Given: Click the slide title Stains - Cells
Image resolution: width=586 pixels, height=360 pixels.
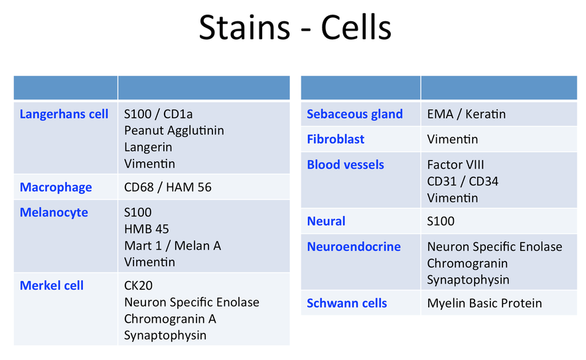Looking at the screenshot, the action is pos(295,27).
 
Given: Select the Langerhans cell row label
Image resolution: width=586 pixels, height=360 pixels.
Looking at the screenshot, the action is pos(64,114).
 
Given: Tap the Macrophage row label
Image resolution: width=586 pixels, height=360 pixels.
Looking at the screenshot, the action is pos(56,187).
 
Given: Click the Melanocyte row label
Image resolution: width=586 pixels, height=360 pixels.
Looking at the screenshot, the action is pos(54,212).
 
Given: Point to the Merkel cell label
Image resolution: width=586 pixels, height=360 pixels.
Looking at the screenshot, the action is pos(52,285).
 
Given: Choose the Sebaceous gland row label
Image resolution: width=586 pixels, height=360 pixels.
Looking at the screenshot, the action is pos(354,114).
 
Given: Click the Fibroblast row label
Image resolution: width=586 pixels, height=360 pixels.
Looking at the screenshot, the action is pos(336,139).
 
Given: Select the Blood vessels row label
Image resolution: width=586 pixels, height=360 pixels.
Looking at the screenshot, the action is pos(345,165).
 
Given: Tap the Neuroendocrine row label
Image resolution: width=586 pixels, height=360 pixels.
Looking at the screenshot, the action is pos(354,246).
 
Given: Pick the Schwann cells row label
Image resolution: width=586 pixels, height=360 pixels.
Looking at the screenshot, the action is pos(347,303).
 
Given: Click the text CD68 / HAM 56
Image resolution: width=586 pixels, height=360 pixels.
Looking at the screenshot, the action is pos(168,187).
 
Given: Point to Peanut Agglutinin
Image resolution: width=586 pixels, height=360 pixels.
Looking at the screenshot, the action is pos(174,131).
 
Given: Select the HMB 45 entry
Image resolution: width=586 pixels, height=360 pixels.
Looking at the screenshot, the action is pos(147,228).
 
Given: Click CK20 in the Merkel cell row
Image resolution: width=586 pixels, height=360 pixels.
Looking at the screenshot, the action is pos(138,286).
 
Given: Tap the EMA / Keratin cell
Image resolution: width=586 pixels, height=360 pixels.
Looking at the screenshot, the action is pos(467,114).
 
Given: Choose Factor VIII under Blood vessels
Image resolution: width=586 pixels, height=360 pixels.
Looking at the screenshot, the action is pos(455,165).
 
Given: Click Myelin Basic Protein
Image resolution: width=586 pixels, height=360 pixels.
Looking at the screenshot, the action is pos(484,303).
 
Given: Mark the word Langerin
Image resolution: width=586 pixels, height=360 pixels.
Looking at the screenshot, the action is pos(148,147).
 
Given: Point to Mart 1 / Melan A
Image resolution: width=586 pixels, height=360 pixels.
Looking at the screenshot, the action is pos(173,246).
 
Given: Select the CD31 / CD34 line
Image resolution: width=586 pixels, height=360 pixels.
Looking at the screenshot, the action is pos(463,181).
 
